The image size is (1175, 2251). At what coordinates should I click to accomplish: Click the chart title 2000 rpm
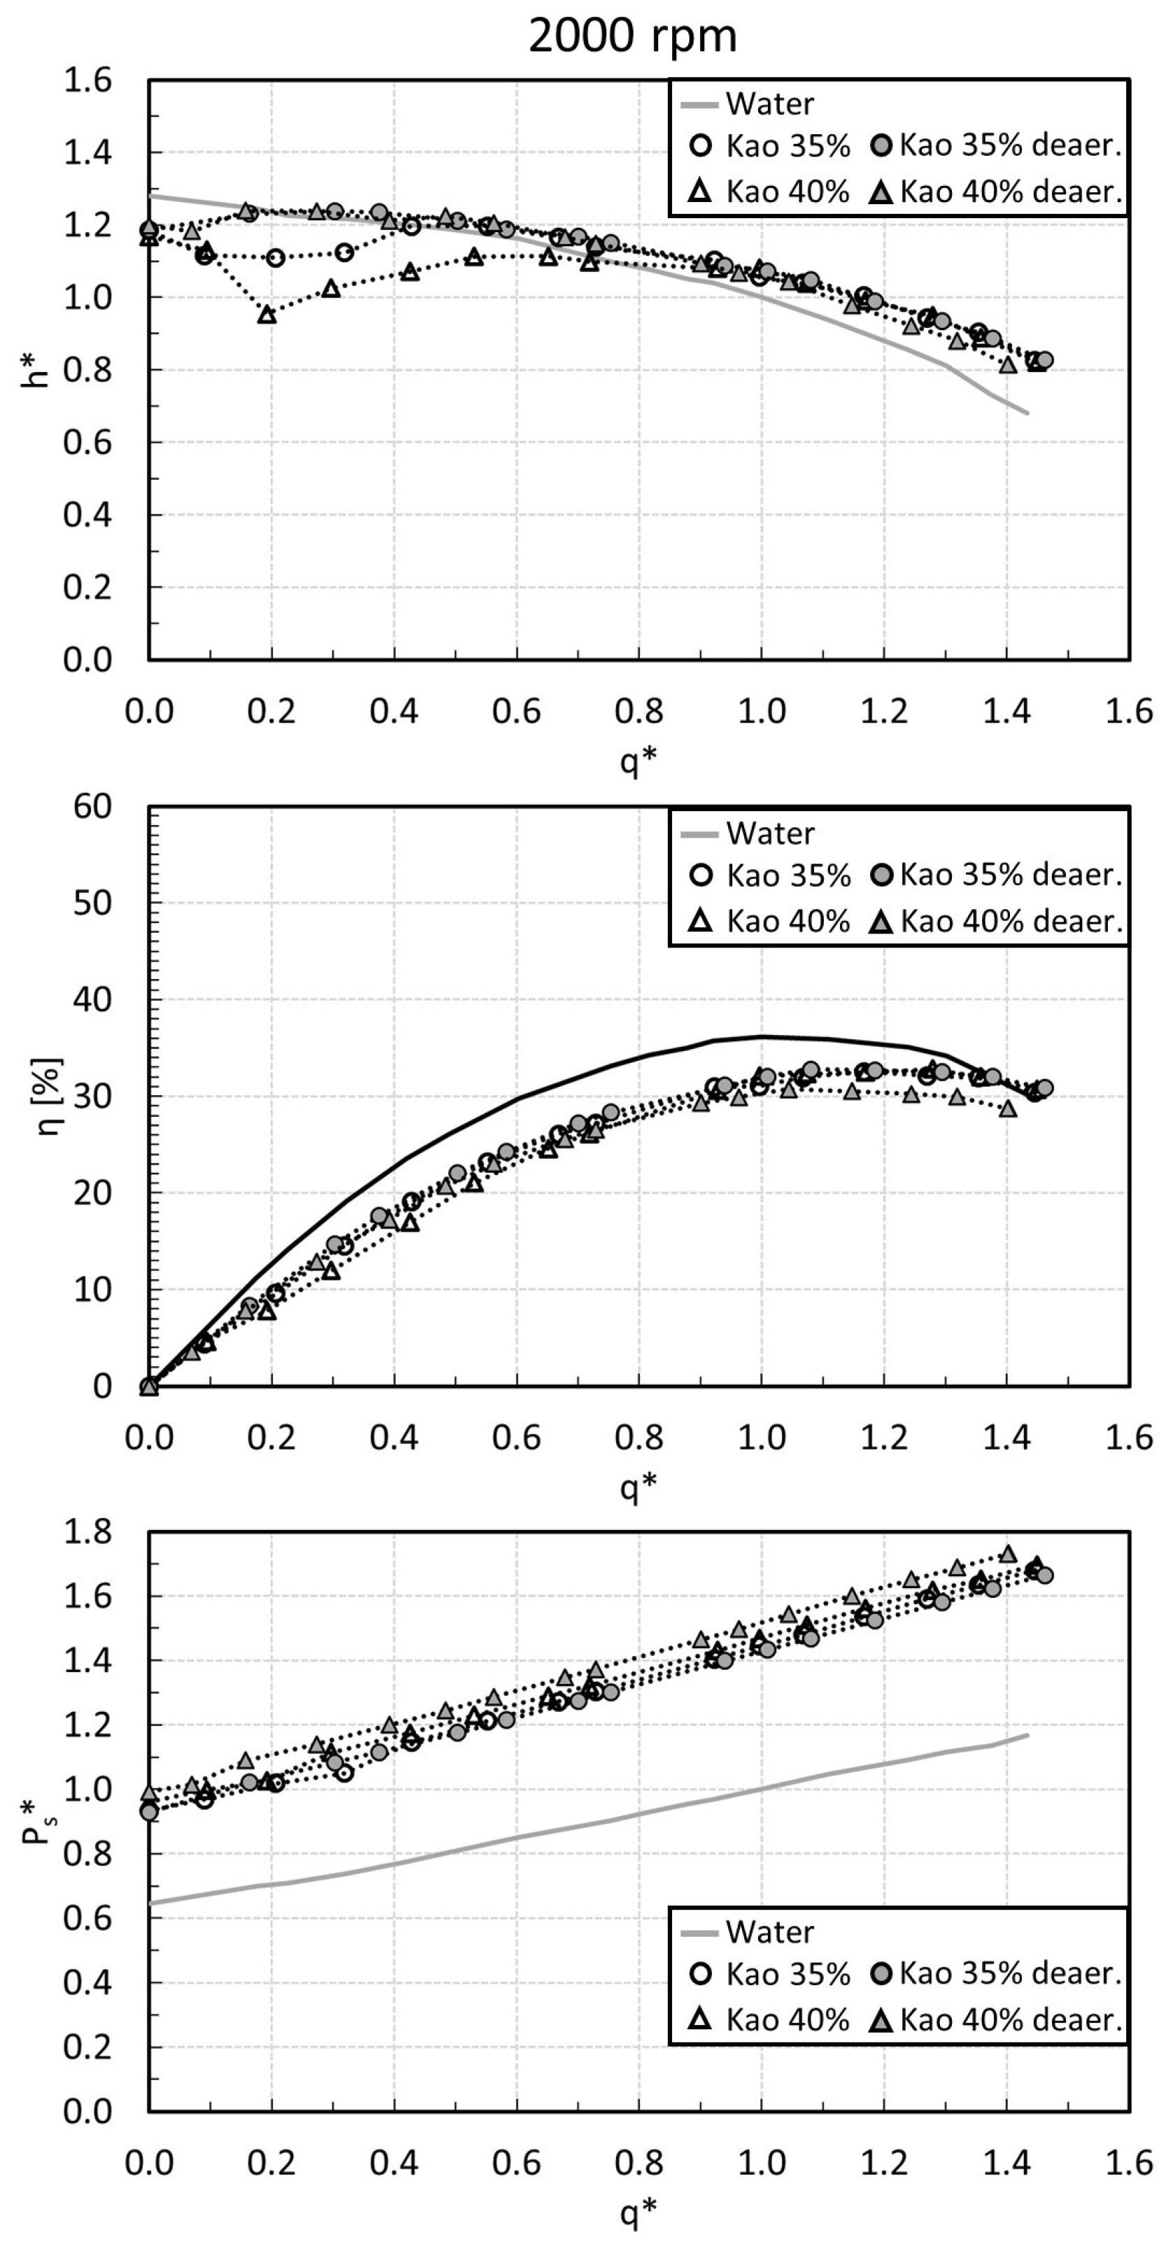(x=632, y=36)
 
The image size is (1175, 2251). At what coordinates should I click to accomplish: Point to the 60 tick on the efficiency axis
(x=91, y=806)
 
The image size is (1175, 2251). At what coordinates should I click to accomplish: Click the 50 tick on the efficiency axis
(x=91, y=903)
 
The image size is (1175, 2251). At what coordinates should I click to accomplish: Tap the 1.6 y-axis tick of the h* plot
(x=87, y=80)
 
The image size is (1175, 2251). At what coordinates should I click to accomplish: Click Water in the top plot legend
(x=769, y=104)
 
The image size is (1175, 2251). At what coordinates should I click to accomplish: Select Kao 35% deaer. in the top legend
(x=1010, y=146)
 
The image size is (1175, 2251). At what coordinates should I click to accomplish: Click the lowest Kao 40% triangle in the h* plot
(x=266, y=315)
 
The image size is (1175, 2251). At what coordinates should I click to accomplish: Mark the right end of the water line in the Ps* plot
(x=1027, y=1734)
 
